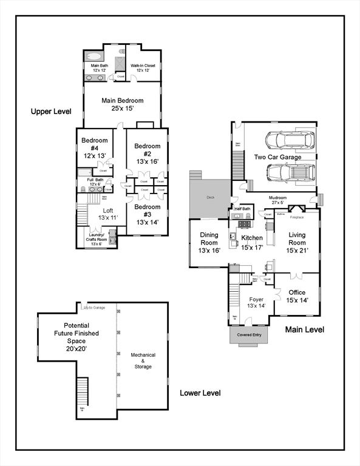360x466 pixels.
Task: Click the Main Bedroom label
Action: [122, 104]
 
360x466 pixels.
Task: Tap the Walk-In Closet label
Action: [143, 68]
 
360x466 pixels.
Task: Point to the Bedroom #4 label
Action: [94, 148]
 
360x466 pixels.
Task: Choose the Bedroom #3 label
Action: [147, 214]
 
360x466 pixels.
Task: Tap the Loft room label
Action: [107, 214]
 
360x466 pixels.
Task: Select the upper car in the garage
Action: [292, 140]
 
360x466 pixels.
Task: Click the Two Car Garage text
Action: [277, 157]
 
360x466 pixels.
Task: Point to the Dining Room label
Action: [209, 242]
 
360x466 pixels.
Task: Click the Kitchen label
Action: [251, 242]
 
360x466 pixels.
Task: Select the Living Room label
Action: [297, 242]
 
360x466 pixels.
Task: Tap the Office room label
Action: [297, 296]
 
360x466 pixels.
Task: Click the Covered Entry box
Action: [249, 334]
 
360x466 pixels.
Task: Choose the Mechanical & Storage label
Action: [143, 360]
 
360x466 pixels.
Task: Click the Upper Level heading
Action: [52, 112]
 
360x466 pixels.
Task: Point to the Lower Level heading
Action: [200, 393]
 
